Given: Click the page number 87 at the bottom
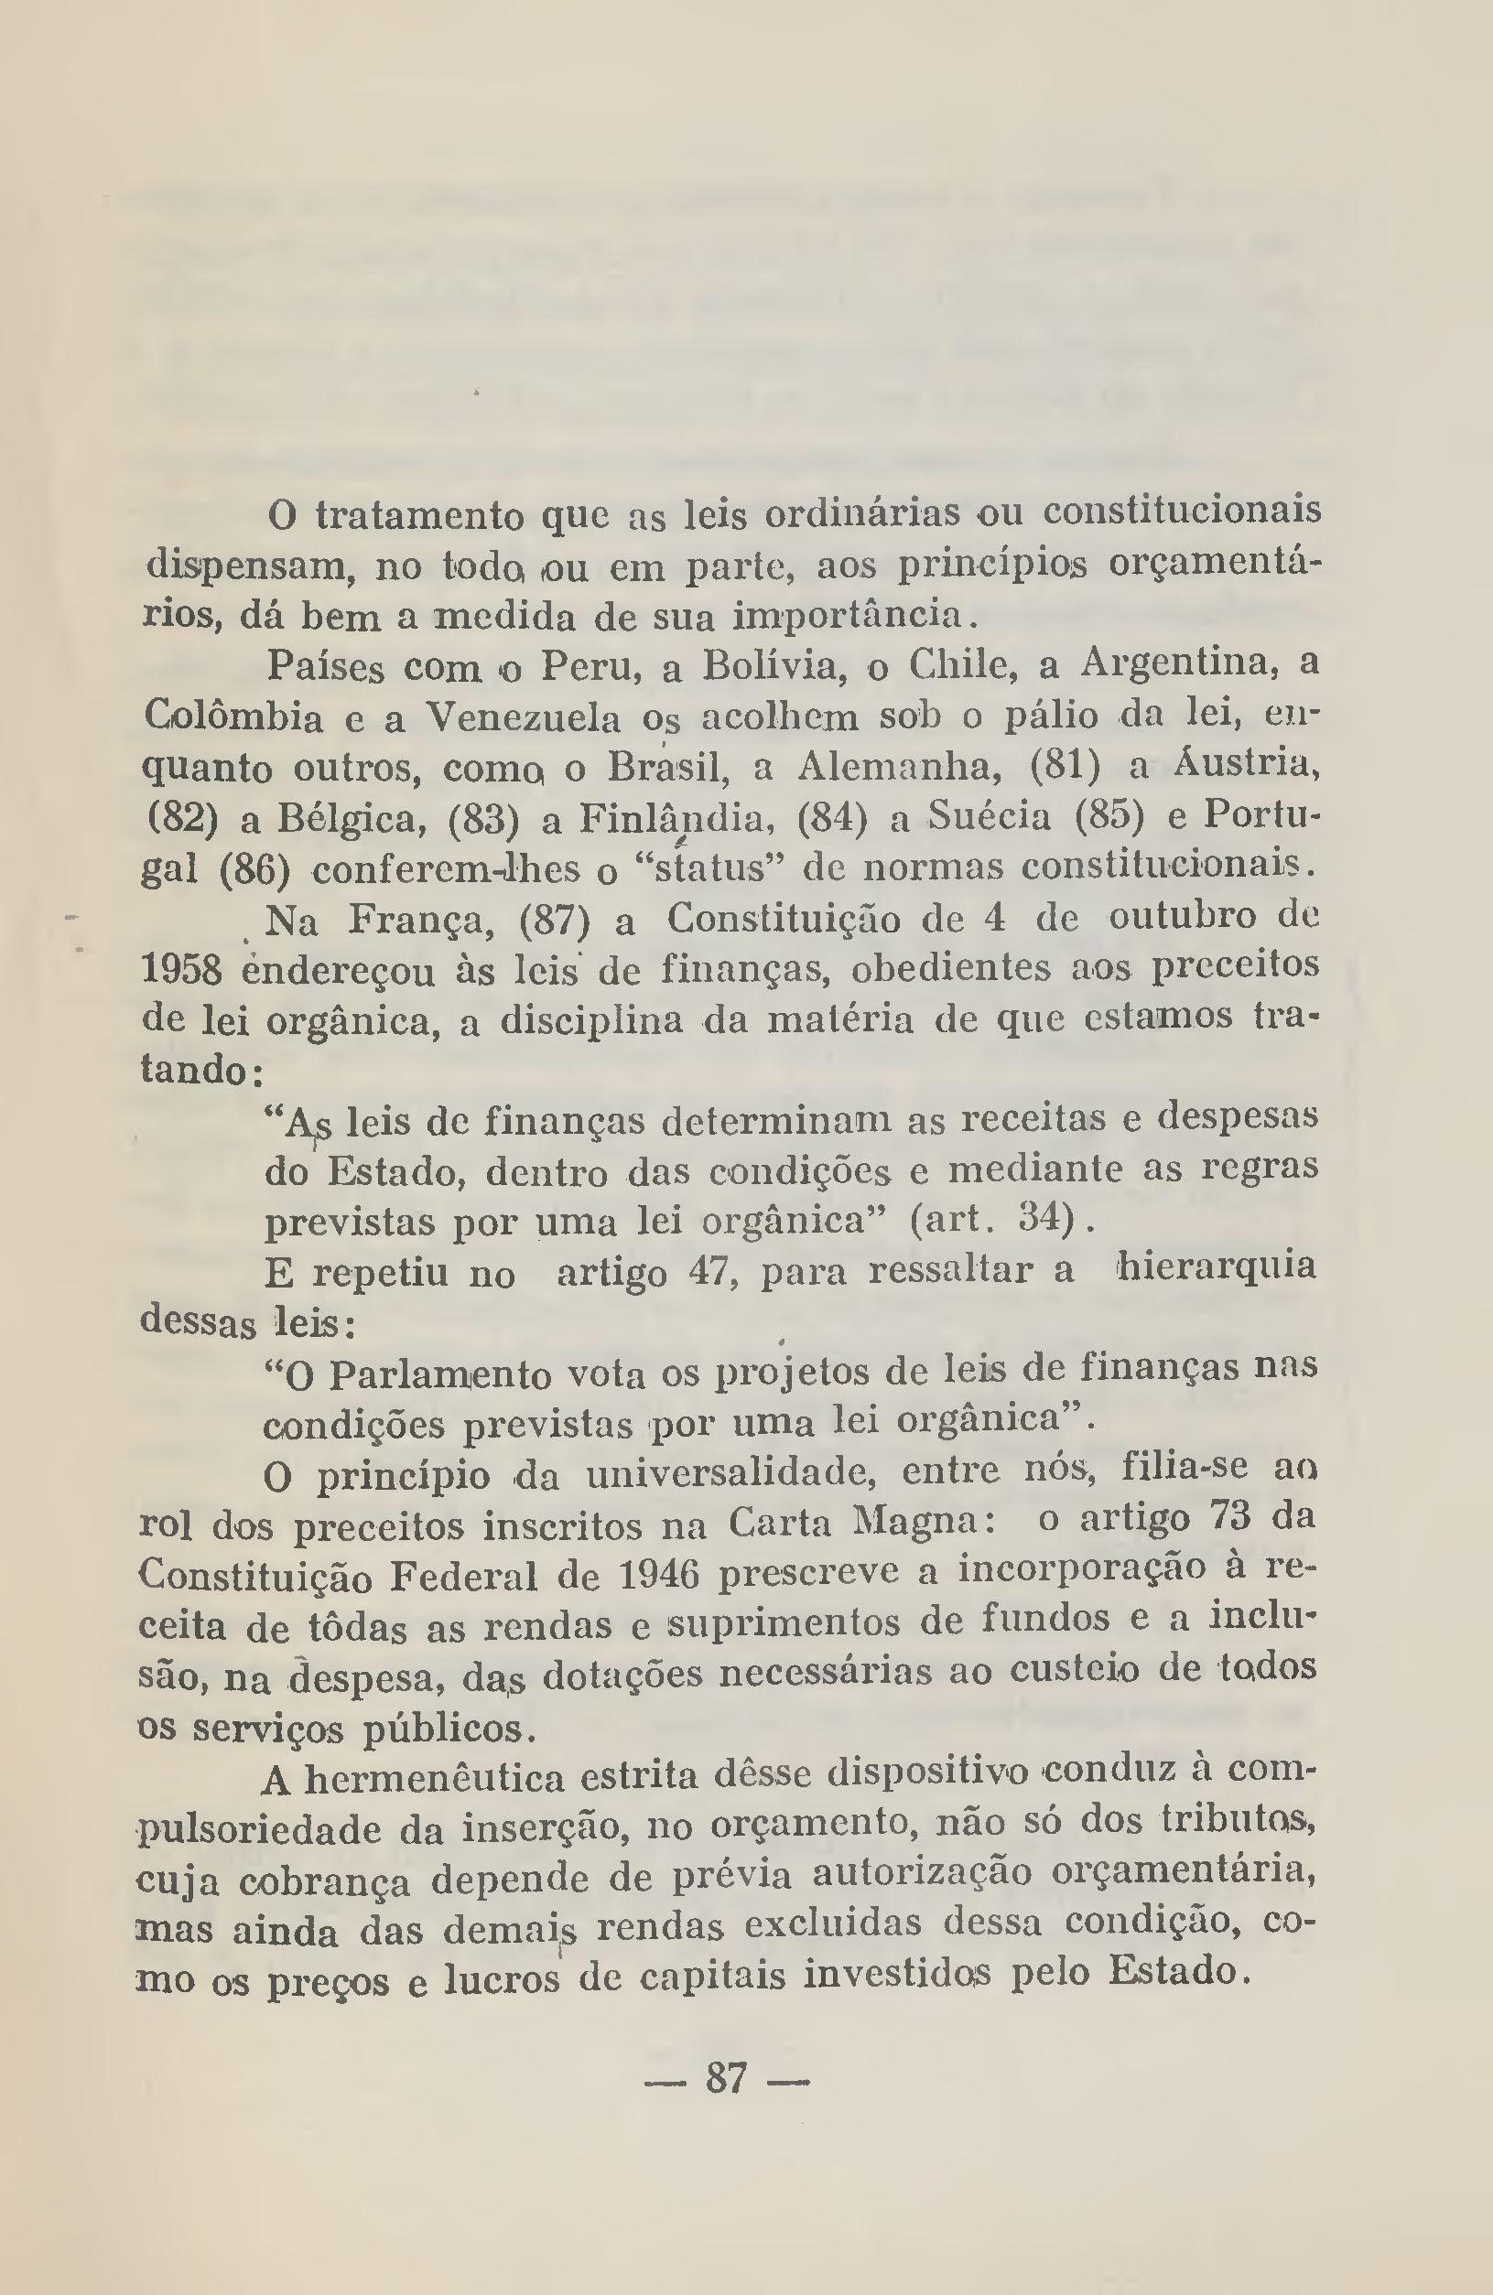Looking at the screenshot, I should [726, 2078].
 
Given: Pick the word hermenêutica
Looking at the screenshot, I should [434, 1779].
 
